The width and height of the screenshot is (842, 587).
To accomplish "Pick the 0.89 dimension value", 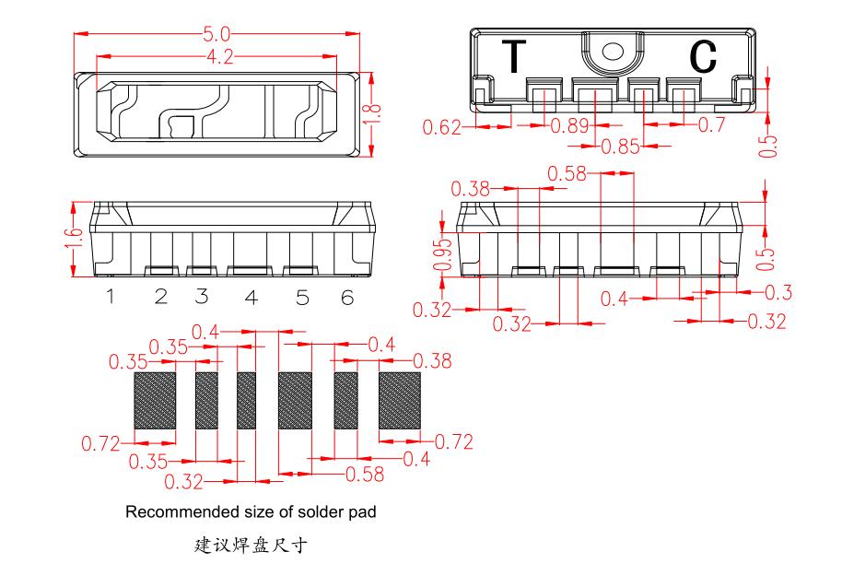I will tap(569, 126).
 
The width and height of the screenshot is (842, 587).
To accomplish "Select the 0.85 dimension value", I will tap(620, 147).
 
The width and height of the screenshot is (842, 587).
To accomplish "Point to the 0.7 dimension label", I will tap(712, 126).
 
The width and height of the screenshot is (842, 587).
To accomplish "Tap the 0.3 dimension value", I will tap(780, 293).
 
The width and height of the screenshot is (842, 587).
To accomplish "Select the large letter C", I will tap(703, 58).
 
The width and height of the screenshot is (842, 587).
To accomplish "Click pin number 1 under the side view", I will tap(109, 297).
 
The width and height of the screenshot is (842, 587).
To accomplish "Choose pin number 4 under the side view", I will tap(250, 297).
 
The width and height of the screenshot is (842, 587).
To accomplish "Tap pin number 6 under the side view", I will tap(346, 297).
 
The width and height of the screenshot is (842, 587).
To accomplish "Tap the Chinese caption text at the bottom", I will tap(249, 546).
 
